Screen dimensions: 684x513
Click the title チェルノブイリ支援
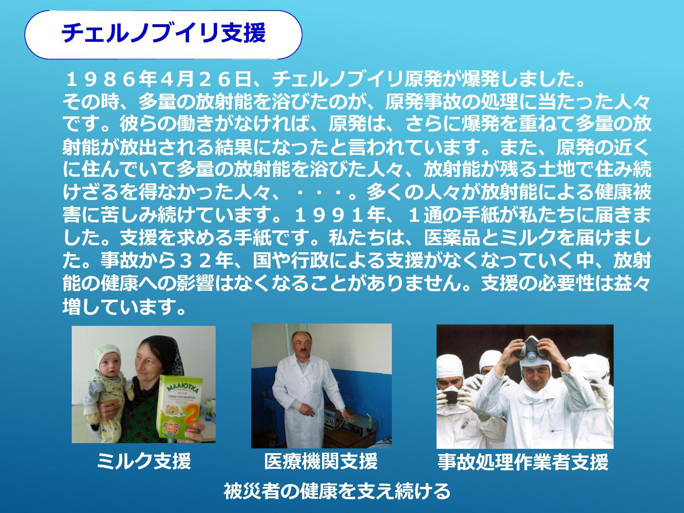pos(163,33)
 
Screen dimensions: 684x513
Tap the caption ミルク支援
pos(144,461)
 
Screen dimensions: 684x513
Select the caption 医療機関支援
pos(321,461)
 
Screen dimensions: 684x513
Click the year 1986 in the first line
pos(101,80)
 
